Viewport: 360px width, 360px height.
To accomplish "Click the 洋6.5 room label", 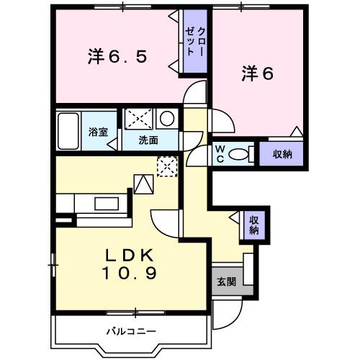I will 119,56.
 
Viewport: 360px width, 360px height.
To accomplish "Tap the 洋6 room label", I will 257,73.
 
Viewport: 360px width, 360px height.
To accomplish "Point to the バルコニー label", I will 131,331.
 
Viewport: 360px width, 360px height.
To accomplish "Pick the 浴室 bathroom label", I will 99,132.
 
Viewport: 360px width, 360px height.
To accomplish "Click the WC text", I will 221,153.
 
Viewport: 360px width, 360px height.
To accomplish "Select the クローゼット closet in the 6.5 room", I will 195,43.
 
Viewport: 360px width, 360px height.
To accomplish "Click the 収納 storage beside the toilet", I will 282,153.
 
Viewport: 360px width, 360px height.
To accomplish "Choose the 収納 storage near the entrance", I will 253,225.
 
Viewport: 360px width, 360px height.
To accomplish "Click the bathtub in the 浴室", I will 69,131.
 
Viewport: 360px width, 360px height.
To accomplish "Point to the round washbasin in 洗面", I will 166,118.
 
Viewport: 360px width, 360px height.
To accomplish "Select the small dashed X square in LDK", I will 166,166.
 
